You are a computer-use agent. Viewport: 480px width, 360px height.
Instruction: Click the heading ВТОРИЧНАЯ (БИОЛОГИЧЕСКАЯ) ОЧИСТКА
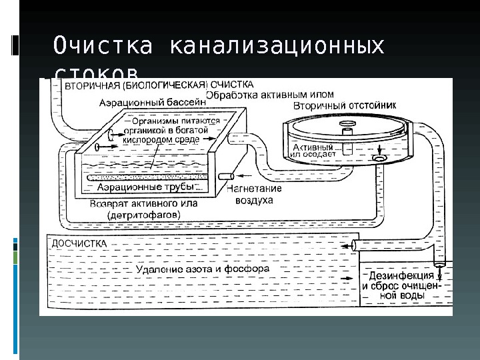coord(159,85)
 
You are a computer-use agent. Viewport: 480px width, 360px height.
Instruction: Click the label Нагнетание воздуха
coord(254,193)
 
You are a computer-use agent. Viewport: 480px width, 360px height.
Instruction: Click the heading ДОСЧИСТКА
coord(78,244)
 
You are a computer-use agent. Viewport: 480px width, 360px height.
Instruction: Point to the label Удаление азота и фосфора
coord(202,269)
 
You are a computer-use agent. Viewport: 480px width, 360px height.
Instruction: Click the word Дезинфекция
coord(397,275)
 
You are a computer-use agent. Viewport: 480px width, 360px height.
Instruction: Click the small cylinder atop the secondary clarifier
coord(347,132)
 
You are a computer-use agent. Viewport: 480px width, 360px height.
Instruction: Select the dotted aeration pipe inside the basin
coord(153,177)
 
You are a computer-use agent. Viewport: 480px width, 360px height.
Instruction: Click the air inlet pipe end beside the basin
coord(227,176)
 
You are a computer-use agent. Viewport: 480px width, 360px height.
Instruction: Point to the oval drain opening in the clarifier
coord(379,159)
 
